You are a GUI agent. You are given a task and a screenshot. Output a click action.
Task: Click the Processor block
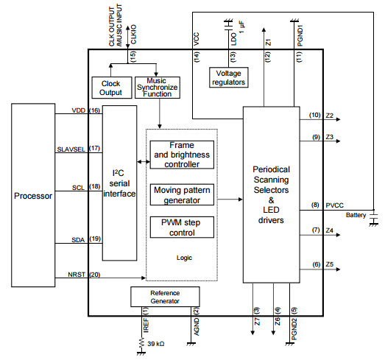(33, 195)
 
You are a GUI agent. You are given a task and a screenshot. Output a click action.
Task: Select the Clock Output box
(112, 88)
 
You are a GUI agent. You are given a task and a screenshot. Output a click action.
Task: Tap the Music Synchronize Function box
(158, 88)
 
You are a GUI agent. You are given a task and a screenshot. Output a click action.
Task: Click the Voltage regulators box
(229, 77)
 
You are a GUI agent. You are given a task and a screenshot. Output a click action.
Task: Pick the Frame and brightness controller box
(182, 155)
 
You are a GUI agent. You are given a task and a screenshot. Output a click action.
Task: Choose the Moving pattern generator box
(182, 195)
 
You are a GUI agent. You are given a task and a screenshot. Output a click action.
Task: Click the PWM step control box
(182, 227)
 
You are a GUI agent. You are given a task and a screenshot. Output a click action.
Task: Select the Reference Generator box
(165, 297)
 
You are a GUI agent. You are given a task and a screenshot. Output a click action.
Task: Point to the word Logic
(184, 258)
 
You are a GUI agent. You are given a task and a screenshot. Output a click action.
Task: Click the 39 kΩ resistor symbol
(141, 343)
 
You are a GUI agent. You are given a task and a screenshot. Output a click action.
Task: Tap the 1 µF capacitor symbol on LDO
(228, 24)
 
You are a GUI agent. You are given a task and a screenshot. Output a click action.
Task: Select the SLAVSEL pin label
(71, 149)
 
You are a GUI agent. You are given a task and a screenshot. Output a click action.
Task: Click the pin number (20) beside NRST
(95, 275)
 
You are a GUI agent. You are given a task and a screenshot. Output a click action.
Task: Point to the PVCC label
(334, 205)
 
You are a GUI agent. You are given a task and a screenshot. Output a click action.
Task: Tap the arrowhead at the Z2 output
(339, 119)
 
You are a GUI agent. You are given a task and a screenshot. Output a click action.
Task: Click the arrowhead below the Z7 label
(252, 333)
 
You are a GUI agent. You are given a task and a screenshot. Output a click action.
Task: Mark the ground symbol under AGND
(191, 344)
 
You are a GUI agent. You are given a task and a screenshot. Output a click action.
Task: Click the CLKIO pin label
(133, 35)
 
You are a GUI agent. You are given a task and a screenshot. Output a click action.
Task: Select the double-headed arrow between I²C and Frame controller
(144, 161)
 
